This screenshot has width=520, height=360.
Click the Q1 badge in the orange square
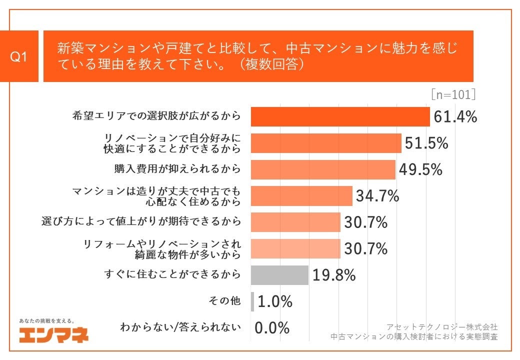tap(19, 56)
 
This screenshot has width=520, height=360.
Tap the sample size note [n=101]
tap(453, 95)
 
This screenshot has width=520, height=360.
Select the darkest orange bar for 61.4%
tap(340, 117)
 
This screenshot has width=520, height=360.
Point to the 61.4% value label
tap(455, 117)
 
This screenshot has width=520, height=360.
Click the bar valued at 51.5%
tap(325, 143)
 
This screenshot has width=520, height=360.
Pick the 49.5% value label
tap(420, 169)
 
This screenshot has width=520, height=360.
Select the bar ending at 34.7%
tap(301, 196)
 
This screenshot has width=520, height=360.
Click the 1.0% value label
tap(274, 301)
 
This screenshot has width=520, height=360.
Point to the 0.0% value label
tap(272, 328)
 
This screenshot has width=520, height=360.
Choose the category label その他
tap(224, 301)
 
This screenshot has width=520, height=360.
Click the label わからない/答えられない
tap(180, 328)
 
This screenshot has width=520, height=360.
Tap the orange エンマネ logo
tap(53, 334)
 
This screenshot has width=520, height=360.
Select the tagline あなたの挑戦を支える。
tap(47, 320)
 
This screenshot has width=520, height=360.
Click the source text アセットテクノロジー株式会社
tap(442, 326)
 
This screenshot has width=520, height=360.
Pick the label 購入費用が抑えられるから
tap(177, 169)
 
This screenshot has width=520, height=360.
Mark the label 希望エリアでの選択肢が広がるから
tap(156, 117)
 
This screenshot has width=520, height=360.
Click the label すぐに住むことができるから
tap(172, 275)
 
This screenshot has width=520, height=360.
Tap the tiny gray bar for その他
tap(252, 301)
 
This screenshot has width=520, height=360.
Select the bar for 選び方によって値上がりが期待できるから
tap(295, 222)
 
